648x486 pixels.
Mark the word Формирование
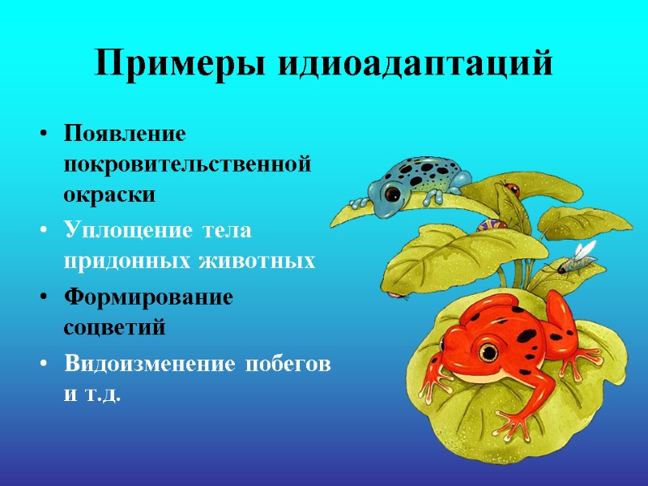[148, 297]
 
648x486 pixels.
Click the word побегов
[288, 364]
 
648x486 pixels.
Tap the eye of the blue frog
[392, 193]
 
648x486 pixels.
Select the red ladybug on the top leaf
[511, 189]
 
